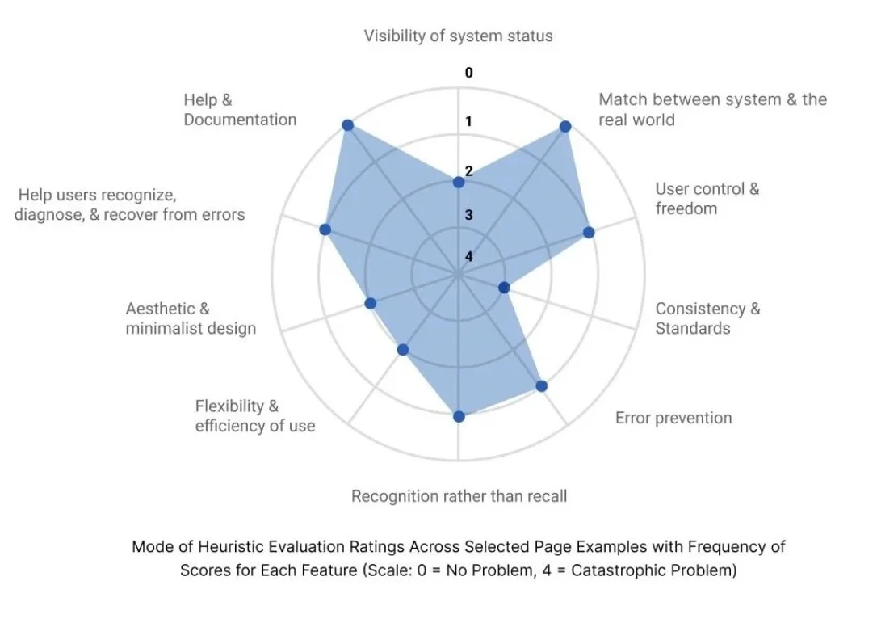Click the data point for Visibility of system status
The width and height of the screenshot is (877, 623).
[x=459, y=183]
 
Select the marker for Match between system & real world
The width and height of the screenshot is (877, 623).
[x=565, y=127]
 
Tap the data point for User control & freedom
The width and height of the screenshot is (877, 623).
[x=589, y=233]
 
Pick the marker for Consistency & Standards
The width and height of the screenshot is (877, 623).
[x=503, y=287]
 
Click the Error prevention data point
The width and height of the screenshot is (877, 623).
[x=542, y=386]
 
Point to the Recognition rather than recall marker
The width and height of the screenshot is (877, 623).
[x=459, y=416]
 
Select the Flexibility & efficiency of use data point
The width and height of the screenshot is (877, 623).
[x=404, y=349]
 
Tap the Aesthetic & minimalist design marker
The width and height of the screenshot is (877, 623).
[x=371, y=303]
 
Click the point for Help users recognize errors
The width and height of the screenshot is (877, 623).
[x=325, y=229]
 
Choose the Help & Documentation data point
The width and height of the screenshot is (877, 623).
[x=347, y=124]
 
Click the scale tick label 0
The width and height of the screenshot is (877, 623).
[x=468, y=73]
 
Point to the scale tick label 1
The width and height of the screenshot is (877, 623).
[x=468, y=122]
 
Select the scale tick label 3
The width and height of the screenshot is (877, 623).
[x=468, y=215]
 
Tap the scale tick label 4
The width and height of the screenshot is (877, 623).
[x=468, y=257]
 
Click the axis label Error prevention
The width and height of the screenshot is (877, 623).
[x=673, y=418]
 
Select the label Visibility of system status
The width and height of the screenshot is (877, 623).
[x=458, y=36]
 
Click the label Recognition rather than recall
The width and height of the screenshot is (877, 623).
[x=459, y=496]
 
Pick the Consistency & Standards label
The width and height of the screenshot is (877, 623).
[x=707, y=318]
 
